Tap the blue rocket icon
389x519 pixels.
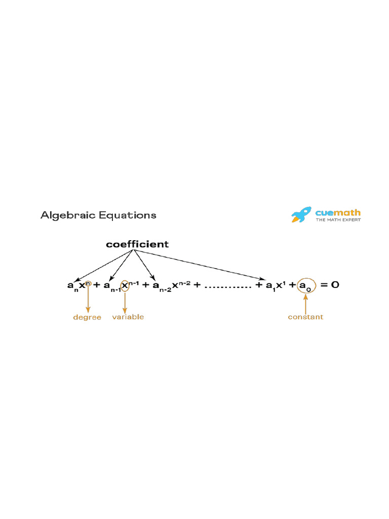(301, 215)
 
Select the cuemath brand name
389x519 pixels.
(338, 213)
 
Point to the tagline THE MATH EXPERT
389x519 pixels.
(338, 220)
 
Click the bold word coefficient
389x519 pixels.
(137, 244)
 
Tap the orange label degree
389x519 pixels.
(87, 318)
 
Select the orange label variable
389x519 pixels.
(128, 317)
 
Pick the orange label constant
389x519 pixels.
(305, 317)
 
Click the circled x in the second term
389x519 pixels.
(125, 286)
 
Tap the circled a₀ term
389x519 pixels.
(306, 286)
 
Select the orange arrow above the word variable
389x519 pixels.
(125, 302)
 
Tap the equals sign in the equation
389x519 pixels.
(323, 285)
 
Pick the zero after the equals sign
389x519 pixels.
(335, 285)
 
